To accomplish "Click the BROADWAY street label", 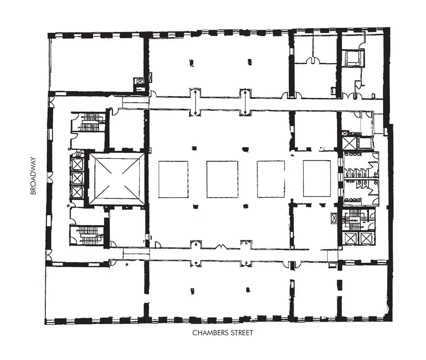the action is [x=33, y=176].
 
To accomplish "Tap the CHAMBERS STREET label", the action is [x=222, y=332].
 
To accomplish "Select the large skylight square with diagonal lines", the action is [x=117, y=180].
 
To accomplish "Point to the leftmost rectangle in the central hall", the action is [x=173, y=180].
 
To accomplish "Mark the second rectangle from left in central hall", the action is [x=222, y=180].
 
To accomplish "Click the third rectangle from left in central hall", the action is [x=271, y=180].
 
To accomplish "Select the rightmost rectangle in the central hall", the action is [x=317, y=178].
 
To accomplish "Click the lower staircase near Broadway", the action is [x=90, y=235].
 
